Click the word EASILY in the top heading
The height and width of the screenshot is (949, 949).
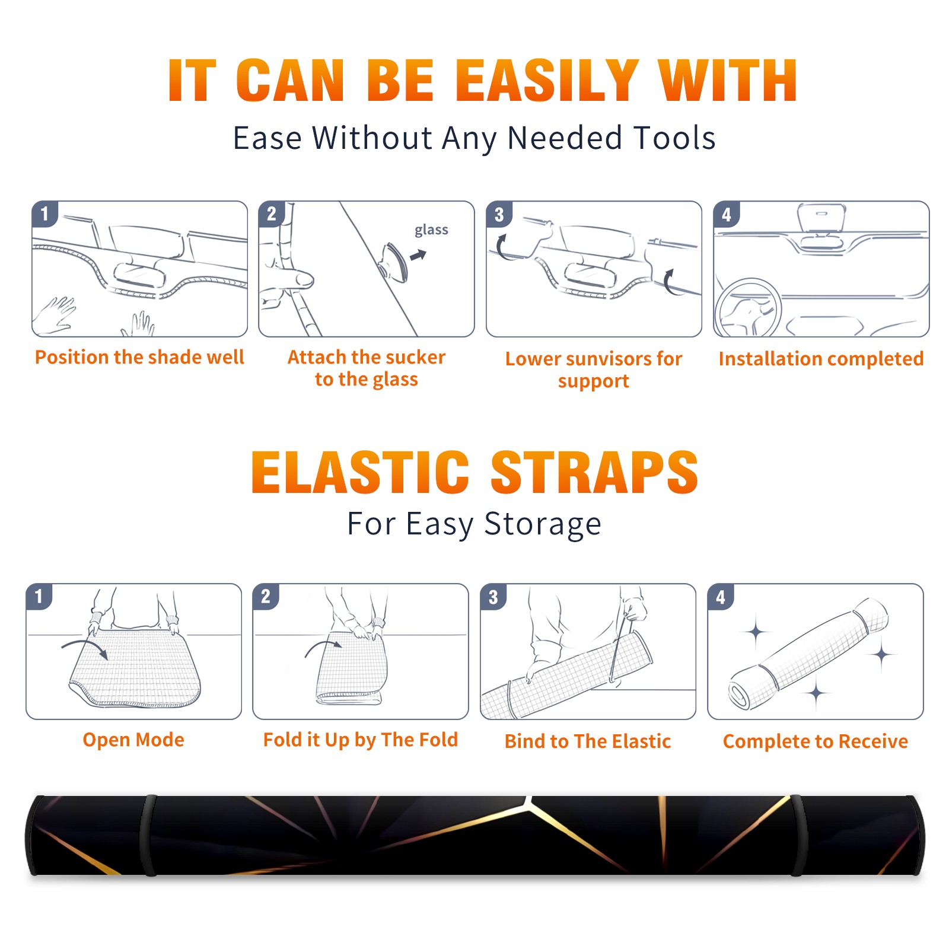(x=547, y=81)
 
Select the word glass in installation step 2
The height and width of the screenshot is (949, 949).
(x=431, y=230)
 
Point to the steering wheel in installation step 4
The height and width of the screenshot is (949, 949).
(x=748, y=308)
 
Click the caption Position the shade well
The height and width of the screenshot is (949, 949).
(x=139, y=357)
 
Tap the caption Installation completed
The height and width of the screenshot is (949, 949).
(x=821, y=359)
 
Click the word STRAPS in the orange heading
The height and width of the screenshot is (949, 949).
(x=594, y=472)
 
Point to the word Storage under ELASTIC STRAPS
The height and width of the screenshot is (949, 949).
(x=543, y=525)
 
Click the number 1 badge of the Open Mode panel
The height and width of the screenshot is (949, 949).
(x=39, y=596)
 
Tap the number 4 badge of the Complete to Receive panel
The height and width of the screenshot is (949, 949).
(x=721, y=597)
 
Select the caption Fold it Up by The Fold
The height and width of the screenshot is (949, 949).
(x=361, y=740)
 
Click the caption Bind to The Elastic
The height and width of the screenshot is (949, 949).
(x=588, y=741)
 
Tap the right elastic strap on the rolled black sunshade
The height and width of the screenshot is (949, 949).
(x=797, y=835)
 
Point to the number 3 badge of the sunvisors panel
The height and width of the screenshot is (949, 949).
(x=499, y=214)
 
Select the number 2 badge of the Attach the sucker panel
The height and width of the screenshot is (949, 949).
(x=272, y=214)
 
